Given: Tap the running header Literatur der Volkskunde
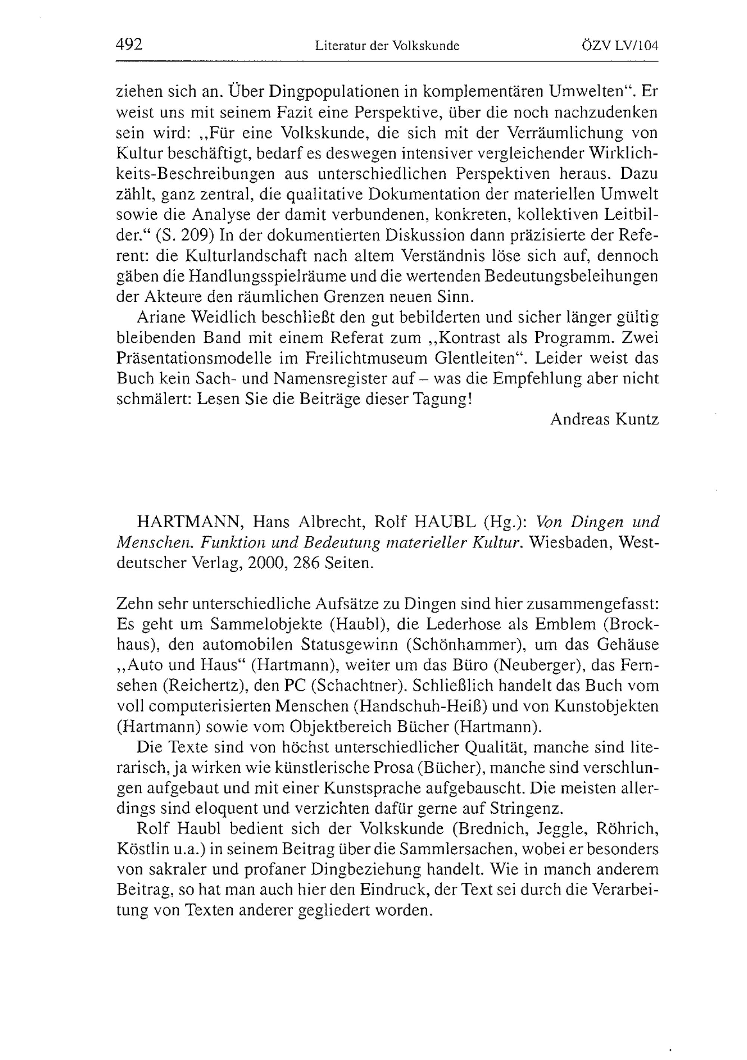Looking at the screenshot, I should [x=387, y=46].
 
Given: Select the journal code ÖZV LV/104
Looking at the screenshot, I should [x=620, y=46].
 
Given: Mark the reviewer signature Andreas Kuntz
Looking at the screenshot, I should [x=604, y=419].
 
